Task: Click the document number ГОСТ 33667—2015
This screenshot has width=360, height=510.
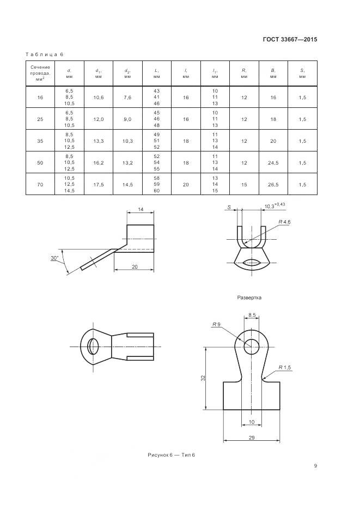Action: point(290,40)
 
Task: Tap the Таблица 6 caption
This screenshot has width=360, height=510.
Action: point(44,54)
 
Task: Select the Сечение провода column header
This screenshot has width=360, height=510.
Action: point(40,73)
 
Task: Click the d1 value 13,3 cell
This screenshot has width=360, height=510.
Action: point(99,141)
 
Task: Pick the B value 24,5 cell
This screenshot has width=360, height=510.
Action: point(273,162)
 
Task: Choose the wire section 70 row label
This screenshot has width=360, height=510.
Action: point(40,184)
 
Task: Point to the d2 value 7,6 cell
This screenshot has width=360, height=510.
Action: point(127,97)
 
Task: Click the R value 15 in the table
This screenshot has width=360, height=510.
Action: point(244,184)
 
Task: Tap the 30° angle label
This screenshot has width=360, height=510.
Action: point(54,258)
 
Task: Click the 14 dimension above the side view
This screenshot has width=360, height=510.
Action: point(141,209)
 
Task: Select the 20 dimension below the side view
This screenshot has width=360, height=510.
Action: point(135,266)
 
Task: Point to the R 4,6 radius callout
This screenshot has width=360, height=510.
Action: point(284,222)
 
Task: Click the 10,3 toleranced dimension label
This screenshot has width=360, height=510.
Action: point(275,205)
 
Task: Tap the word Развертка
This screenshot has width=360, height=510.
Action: point(249,297)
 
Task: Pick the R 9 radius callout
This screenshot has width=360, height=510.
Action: point(216,324)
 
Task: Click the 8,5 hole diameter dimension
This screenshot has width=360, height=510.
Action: point(252,315)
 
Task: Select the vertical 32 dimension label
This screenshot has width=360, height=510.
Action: point(203,378)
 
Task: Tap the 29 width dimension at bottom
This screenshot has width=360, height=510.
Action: point(252,438)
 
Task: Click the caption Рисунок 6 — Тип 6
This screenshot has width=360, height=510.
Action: point(172,455)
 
